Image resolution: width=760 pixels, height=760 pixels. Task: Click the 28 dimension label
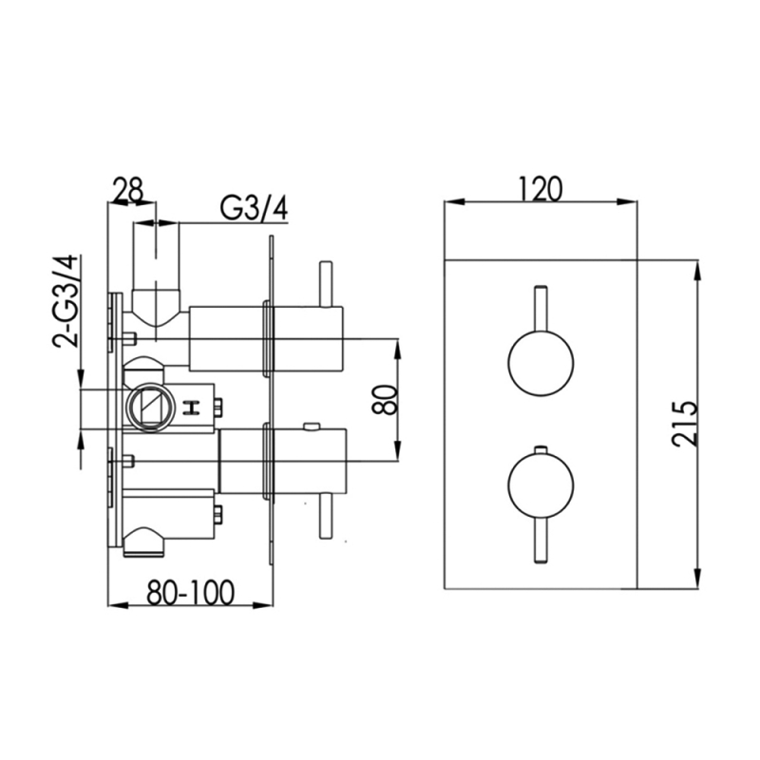coord(128,190)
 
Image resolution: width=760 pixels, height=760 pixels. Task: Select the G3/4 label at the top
coord(254,209)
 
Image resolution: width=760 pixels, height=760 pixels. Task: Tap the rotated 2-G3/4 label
coord(66,300)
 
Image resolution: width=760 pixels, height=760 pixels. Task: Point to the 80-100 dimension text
coord(191,592)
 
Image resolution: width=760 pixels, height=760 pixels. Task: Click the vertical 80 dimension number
coord(385,399)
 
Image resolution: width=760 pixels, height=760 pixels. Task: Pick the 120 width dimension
coord(541,188)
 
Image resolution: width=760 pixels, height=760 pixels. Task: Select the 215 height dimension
coord(684,423)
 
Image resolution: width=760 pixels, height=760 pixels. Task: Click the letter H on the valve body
coord(193,408)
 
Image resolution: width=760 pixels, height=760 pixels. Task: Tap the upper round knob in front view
coord(541,364)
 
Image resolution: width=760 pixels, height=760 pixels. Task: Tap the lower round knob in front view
coord(541,486)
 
